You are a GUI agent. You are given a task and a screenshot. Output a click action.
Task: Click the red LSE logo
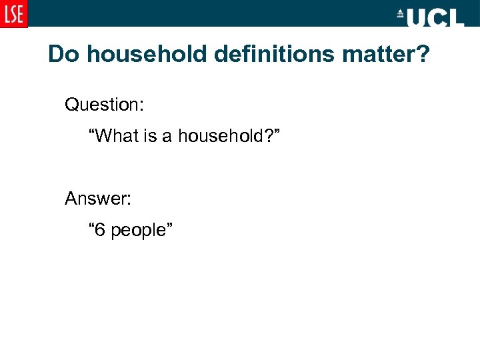(14, 13)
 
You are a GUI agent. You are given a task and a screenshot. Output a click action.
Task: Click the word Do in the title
(63, 54)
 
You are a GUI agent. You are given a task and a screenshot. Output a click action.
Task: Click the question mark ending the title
(425, 54)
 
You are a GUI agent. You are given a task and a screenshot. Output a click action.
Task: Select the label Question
(103, 105)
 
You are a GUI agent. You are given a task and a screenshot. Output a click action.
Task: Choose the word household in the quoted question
(219, 137)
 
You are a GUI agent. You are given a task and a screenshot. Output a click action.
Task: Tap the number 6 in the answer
(100, 230)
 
